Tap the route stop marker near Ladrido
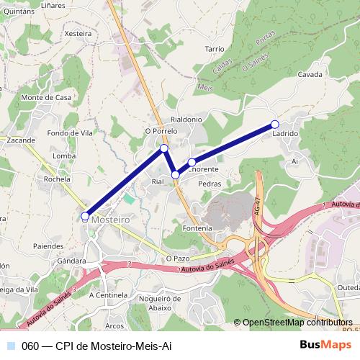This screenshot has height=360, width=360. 274,125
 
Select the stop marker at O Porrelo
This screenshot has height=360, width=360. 164,148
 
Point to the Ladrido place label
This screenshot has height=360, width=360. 286,135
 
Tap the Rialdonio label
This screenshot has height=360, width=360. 186,119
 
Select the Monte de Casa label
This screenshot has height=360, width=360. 47,98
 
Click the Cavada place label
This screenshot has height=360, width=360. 310,75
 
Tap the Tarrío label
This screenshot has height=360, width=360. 215,48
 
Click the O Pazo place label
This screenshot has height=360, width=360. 177,257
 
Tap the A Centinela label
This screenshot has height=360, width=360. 107,294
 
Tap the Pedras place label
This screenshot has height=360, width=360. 210,184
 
